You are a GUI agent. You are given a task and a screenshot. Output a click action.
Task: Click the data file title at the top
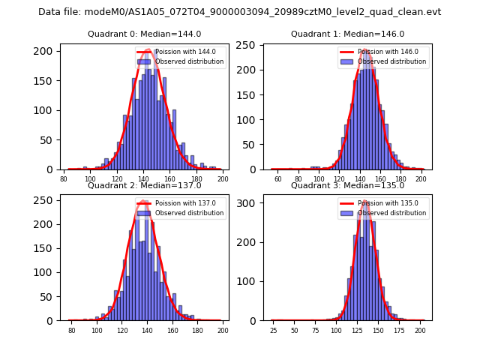(x=239, y=12)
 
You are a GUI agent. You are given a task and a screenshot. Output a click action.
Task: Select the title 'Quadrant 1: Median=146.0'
(x=347, y=34)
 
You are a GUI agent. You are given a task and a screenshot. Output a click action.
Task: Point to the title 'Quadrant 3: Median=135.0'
(x=347, y=185)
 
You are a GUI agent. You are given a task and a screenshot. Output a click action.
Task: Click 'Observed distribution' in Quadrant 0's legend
(x=189, y=61)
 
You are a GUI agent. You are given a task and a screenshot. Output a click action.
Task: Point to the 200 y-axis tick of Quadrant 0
(x=46, y=51)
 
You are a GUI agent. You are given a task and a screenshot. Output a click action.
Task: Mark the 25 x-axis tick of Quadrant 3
(x=273, y=330)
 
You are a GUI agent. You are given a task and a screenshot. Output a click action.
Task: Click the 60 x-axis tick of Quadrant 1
(x=277, y=178)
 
